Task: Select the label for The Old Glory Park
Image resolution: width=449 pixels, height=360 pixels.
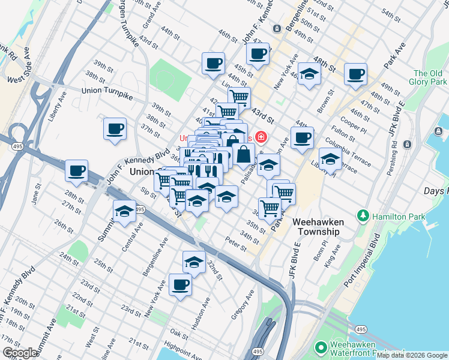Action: [x=427, y=77]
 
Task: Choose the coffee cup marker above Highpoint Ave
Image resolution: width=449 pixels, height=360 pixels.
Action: [x=180, y=285]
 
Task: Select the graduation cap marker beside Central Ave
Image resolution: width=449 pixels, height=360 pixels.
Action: [x=124, y=212]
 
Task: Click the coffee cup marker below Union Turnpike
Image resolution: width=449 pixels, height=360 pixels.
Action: [x=115, y=128]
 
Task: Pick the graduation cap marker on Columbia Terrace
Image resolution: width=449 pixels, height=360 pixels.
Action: [x=330, y=159]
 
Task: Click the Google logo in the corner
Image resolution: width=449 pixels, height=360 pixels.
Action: [x=19, y=353]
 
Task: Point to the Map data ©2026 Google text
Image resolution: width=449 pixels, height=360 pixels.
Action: [x=412, y=355]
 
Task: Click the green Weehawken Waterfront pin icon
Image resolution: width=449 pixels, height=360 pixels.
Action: [x=321, y=347]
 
